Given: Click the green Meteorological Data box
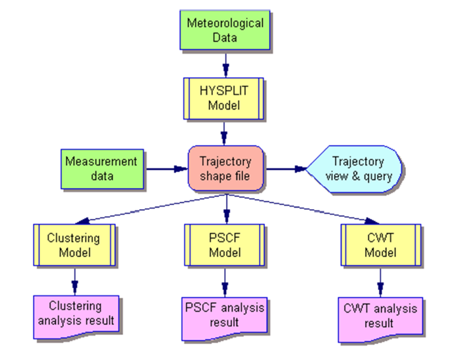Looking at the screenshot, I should pyautogui.click(x=225, y=30).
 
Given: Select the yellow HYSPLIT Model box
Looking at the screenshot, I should pyautogui.click(x=225, y=98).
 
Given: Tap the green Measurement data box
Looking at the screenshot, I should pyautogui.click(x=101, y=168).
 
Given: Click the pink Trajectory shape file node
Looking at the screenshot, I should pyautogui.click(x=225, y=168).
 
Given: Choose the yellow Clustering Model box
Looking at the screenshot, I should pyautogui.click(x=74, y=245).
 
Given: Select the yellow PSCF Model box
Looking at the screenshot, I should pyautogui.click(x=225, y=245).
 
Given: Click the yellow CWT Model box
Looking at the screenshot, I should pyautogui.click(x=380, y=245).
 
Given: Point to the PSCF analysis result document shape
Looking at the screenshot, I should pyautogui.click(x=225, y=315).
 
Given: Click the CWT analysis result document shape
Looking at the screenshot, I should pyautogui.click(x=380, y=316).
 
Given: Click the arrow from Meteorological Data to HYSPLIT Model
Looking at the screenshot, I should pyautogui.click(x=225, y=63).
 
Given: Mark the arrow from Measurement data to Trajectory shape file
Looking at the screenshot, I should pyautogui.click(x=166, y=169).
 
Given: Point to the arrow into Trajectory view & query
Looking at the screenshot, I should pyautogui.click(x=287, y=169).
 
